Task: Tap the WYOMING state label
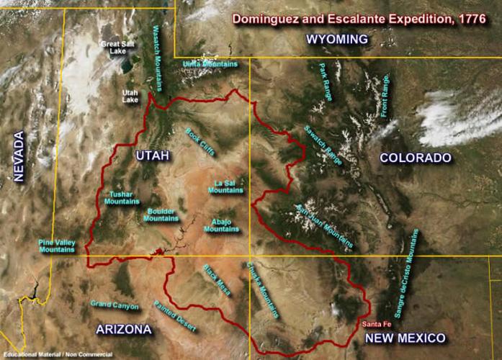tap(337, 40)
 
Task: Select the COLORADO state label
tap(415, 158)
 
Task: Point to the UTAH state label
tap(152, 156)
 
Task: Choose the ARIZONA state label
tap(124, 329)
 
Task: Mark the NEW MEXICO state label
tap(405, 338)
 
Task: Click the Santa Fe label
tap(377, 323)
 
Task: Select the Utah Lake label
tap(130, 96)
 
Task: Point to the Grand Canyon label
tap(115, 305)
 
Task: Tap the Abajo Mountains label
tap(221, 225)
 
